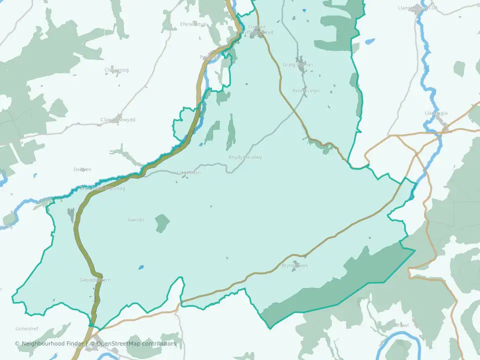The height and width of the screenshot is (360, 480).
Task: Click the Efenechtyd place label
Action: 192,24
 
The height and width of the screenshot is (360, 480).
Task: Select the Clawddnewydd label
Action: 118,120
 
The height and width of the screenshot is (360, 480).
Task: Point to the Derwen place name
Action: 82,169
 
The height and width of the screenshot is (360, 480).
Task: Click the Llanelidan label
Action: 188,172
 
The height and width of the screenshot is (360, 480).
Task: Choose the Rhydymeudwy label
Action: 245,157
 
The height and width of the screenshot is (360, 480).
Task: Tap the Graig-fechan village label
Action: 298,64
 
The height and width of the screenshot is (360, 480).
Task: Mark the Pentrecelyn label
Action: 306,91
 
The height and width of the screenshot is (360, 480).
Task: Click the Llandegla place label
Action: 436,113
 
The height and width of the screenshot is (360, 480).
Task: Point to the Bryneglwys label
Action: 294,265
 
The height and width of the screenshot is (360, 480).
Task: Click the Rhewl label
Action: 402,325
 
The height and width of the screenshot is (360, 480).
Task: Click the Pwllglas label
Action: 209,57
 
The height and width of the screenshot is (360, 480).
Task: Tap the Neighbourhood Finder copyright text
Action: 50,343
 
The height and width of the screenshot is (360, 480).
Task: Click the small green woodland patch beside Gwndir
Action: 162,223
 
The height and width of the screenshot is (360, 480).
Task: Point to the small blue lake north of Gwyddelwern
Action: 141,267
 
